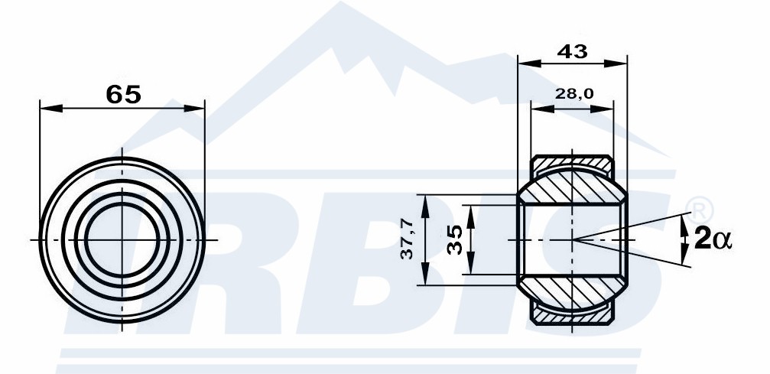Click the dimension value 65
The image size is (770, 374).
point(123,94)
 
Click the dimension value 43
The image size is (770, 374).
point(573,51)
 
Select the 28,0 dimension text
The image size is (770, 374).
point(573,93)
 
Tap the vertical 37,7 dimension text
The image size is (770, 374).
point(407,239)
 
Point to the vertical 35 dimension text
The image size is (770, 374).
point(455,239)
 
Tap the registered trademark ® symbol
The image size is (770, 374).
point(699,210)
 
